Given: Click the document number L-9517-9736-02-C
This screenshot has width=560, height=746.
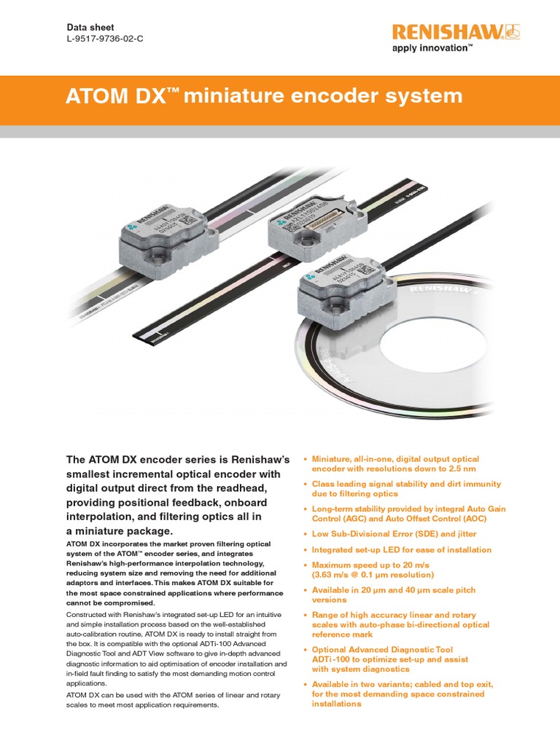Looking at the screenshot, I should (104, 39).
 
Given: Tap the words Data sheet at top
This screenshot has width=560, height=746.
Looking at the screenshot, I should (87, 26).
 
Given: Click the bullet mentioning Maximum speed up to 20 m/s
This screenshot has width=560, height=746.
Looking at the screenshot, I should (379, 570).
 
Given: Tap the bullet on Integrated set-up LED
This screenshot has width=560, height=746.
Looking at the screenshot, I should (401, 550).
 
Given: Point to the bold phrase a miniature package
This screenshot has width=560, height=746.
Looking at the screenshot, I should (110, 531).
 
